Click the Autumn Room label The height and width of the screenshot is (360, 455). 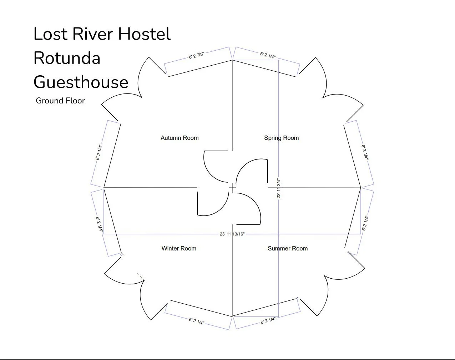(180, 138)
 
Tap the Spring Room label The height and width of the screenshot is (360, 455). (281, 138)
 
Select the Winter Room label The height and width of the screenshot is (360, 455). (179, 248)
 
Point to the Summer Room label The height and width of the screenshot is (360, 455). (288, 248)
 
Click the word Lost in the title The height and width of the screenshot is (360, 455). (50, 34)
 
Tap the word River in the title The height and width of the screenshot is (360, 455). (93, 34)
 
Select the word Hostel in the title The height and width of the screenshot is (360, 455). (145, 34)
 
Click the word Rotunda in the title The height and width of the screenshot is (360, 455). (67, 58)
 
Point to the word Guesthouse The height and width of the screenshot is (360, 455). (81, 82)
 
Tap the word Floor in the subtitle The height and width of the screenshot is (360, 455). (75, 101)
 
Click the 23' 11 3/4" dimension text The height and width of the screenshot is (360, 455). (279, 188)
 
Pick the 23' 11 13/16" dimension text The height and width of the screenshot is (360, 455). (232, 234)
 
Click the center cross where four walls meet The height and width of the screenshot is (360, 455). (232, 188)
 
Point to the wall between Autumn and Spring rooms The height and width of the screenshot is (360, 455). (232, 107)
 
